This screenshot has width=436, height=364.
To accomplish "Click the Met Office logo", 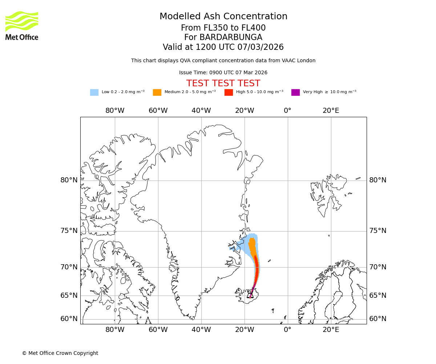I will pos(22,25).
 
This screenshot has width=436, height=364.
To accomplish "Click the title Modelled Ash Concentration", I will pos(223,16).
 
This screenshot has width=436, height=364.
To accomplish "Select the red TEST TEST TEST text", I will pos(223,83).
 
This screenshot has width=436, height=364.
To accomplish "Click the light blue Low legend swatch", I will pos(94,92).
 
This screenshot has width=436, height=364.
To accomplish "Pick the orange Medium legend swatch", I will pos(157,92).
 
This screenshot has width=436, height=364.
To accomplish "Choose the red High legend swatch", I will pos(229,92).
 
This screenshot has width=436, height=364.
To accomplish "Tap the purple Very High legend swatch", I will pos(295,92).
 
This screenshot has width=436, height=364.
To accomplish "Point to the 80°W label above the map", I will pos(115,111).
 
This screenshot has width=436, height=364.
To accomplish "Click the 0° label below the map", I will pos(287,330).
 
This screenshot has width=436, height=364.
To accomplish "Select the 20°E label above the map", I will pos(331,111).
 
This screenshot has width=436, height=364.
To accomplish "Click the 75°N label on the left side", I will pos(69,231).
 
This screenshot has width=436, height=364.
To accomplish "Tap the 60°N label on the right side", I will pos(378,319).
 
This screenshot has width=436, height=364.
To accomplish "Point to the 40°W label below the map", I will pos(201,330).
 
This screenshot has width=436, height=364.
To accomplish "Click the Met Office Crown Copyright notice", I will pos(60,353).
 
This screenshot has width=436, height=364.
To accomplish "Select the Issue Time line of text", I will pos(223,73).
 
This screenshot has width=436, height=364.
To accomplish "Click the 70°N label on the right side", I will pos(378,267).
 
